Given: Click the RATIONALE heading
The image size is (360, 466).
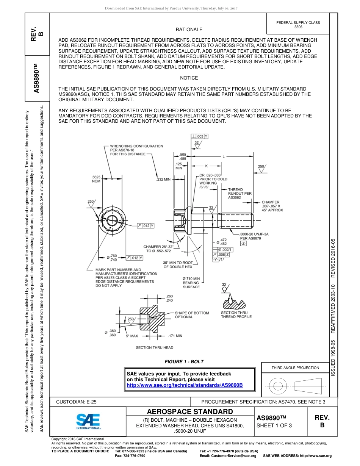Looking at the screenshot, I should pyautogui.click(x=189, y=30).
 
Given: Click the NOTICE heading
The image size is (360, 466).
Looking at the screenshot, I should pyautogui.click(x=189, y=78).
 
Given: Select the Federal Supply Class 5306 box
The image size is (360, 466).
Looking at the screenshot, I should pyautogui.click(x=298, y=25).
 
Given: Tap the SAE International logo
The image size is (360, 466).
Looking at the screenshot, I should pyautogui.click(x=88, y=421).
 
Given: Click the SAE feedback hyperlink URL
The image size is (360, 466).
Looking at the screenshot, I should pyautogui.click(x=185, y=385).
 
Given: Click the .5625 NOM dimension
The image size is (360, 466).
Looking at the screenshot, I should pyautogui.click(x=96, y=179).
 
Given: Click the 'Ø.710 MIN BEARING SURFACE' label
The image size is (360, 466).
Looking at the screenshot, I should pyautogui.click(x=191, y=283).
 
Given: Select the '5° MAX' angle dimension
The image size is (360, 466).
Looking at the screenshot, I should pyautogui.click(x=132, y=336).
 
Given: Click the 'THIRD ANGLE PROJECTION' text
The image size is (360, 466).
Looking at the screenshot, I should pyautogui.click(x=295, y=367).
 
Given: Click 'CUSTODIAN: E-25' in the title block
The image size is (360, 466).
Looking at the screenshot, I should pyautogui.click(x=79, y=402).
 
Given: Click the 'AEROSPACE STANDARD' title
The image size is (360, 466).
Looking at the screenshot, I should pyautogui.click(x=190, y=412).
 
